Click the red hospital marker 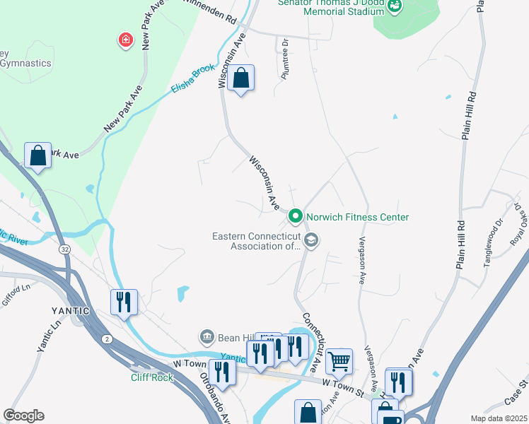pyautogui.click(x=126, y=40)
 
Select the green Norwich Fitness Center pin pyautogui.click(x=296, y=216)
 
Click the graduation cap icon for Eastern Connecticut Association pyautogui.click(x=310, y=242)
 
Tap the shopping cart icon pyautogui.click(x=339, y=361)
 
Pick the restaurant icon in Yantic pyautogui.click(x=124, y=302)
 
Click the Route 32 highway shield pyautogui.click(x=64, y=249)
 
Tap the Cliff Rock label pyautogui.click(x=151, y=377)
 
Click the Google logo pyautogui.click(x=24, y=416)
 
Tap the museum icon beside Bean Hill pyautogui.click(x=207, y=336)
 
